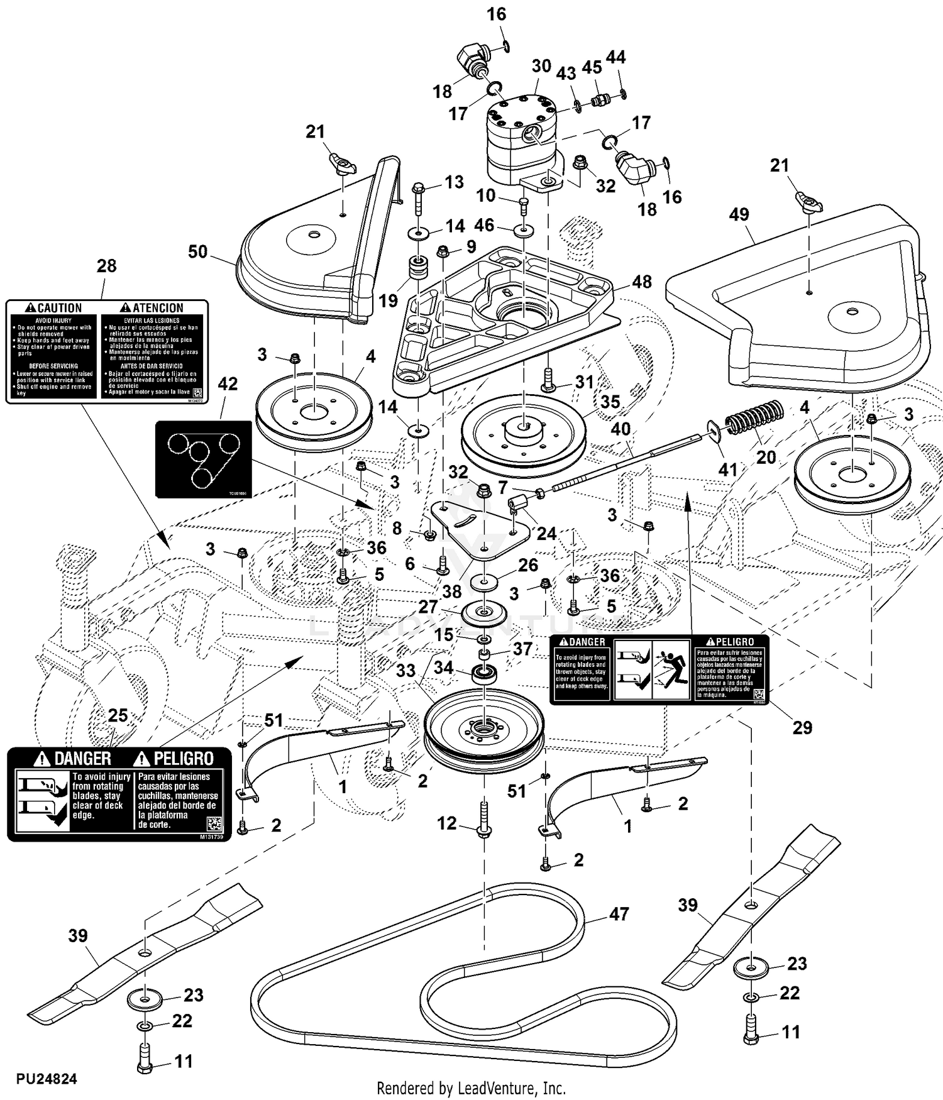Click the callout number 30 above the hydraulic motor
point(541,66)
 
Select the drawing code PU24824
point(47,1079)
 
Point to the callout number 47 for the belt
point(619,914)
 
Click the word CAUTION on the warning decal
point(60,308)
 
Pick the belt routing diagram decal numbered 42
point(204,459)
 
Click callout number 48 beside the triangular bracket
point(641,282)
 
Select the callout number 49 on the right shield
point(739,214)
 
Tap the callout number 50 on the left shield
point(197,251)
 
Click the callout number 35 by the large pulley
point(610,402)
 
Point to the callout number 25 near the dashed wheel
point(118,715)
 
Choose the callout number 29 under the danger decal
point(802,727)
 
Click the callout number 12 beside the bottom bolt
point(446,823)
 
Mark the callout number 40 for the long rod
point(620,429)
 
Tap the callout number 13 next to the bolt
point(454,182)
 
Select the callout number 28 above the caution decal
point(106,265)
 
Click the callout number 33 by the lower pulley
point(405,670)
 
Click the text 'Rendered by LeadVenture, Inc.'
point(471,1088)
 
